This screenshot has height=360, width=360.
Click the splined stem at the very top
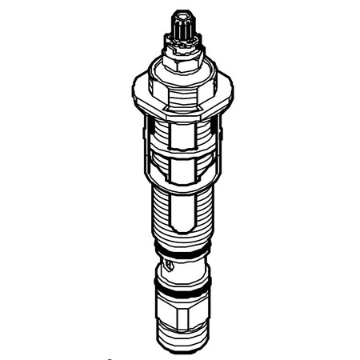coord(180,29)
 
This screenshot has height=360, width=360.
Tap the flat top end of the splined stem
coord(180,16)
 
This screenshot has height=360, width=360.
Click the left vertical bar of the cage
coord(149,160)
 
